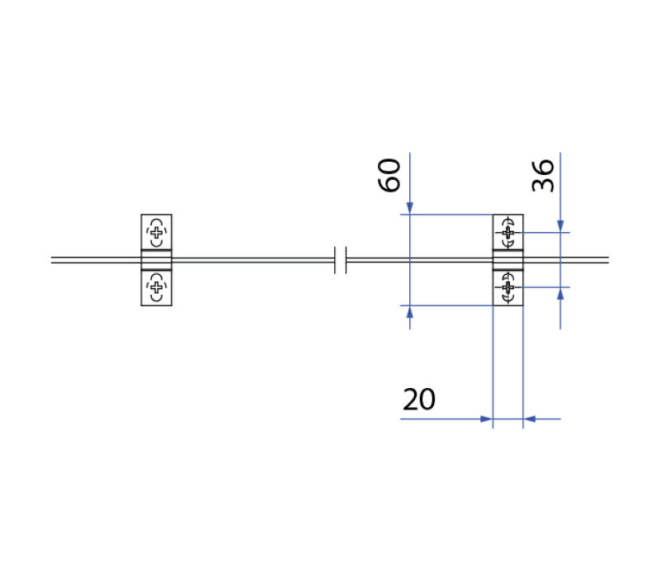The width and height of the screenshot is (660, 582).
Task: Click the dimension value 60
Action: tap(389, 175)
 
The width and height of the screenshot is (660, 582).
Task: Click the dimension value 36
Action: tap(543, 176)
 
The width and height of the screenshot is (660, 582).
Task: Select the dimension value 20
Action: tap(419, 400)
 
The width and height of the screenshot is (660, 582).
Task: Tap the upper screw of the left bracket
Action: tap(156, 232)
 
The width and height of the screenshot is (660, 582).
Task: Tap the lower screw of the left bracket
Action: tap(156, 287)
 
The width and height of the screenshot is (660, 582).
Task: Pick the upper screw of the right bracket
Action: tap(508, 232)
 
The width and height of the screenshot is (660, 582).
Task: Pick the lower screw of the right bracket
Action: tap(508, 287)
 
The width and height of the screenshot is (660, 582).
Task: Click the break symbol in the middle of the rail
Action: tap(341, 260)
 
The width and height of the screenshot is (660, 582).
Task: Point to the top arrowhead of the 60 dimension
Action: tap(409, 208)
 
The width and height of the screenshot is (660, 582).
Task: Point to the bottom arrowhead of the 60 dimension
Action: tap(409, 311)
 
